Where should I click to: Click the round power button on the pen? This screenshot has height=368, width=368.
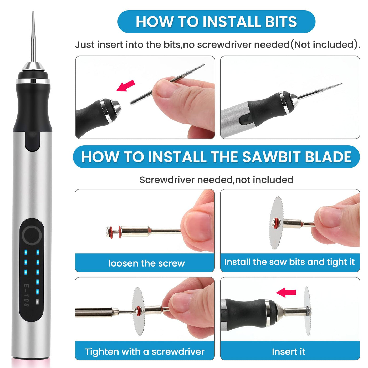click(32, 235)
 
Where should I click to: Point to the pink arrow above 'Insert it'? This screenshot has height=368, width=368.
click(286, 292)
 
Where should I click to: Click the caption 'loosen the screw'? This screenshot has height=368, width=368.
click(147, 263)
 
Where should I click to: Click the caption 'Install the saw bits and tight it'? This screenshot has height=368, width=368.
click(289, 262)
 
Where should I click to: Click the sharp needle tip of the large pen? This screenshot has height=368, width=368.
click(33, 12)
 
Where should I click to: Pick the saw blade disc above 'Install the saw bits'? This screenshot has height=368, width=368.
click(276, 223)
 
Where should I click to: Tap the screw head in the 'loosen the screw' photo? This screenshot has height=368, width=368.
click(108, 232)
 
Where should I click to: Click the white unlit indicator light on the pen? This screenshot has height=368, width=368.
click(37, 302)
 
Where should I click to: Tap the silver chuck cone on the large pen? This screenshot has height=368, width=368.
click(33, 66)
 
